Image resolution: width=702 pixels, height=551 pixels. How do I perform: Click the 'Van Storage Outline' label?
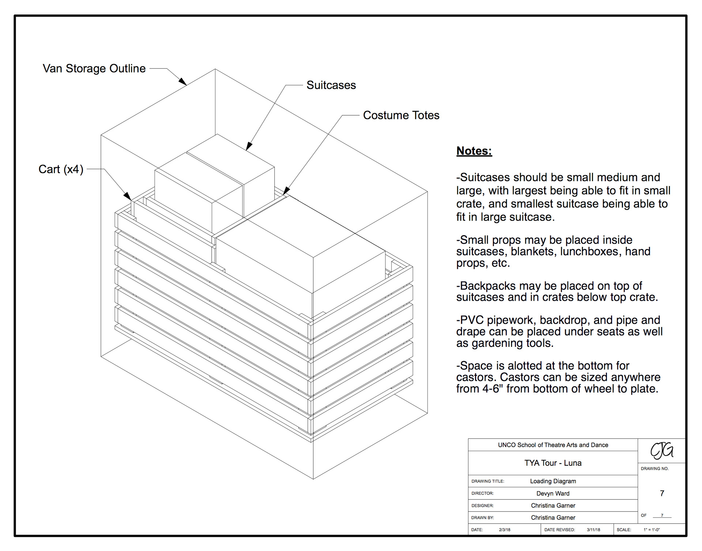[x=94, y=68]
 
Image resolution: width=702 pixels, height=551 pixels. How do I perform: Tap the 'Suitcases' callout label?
[x=331, y=85]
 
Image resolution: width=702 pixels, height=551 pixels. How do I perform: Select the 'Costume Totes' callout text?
[x=401, y=115]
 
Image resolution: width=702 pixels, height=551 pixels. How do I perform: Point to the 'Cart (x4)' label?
[x=61, y=169]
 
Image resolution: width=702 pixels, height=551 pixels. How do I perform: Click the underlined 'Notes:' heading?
[x=474, y=151]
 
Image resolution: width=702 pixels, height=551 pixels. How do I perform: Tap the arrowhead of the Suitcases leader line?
[x=249, y=147]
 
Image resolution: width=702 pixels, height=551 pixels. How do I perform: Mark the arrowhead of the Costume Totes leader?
[x=286, y=191]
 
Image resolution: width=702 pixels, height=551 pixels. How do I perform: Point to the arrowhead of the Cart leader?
[x=128, y=196]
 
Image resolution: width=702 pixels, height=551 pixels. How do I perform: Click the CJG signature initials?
[x=662, y=450]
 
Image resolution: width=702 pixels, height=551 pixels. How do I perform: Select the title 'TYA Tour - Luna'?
[x=553, y=463]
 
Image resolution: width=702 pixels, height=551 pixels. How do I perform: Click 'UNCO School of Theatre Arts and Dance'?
[x=553, y=445]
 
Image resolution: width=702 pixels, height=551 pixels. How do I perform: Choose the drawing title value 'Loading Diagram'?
[x=553, y=481]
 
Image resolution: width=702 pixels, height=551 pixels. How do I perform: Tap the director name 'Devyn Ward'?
[x=553, y=494]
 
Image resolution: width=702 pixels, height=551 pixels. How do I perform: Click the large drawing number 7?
[x=662, y=493]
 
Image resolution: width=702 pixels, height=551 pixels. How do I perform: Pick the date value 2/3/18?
[x=505, y=530]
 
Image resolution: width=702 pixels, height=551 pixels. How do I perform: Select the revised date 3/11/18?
[x=593, y=530]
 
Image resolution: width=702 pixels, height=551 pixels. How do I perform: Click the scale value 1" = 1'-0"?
[x=652, y=530]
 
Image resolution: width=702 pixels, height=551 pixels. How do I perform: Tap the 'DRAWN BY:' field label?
[x=482, y=518]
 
